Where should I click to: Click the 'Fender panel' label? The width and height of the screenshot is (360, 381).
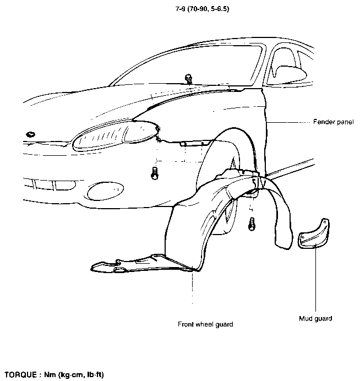pyautogui.click(x=333, y=122)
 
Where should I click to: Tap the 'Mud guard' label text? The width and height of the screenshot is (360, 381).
pyautogui.click(x=315, y=319)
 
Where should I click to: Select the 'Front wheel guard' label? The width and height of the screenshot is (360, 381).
pyautogui.click(x=205, y=324)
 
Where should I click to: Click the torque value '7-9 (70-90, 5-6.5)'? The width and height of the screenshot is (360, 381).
pyautogui.click(x=202, y=9)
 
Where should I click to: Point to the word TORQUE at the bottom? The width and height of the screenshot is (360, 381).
pyautogui.click(x=21, y=374)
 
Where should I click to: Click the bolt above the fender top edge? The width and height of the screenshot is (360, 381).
pyautogui.click(x=188, y=79)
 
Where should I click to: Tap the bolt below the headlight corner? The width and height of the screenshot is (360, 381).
pyautogui.click(x=155, y=173)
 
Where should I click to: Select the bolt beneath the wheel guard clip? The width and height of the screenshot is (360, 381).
pyautogui.click(x=252, y=224)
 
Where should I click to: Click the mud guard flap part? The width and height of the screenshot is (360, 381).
pyautogui.click(x=313, y=234)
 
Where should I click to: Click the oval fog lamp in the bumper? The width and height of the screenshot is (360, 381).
pyautogui.click(x=105, y=191)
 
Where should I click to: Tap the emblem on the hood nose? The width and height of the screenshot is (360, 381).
pyautogui.click(x=31, y=134)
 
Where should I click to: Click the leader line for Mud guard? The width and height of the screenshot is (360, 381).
pyautogui.click(x=315, y=279)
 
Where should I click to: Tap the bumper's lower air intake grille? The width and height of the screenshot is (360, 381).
pyautogui.click(x=50, y=184)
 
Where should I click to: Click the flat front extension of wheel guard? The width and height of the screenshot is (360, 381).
pyautogui.click(x=141, y=263)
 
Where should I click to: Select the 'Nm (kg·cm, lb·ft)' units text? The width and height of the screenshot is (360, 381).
pyautogui.click(x=74, y=375)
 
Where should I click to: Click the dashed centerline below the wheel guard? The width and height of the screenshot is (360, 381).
pyautogui.click(x=193, y=287)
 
